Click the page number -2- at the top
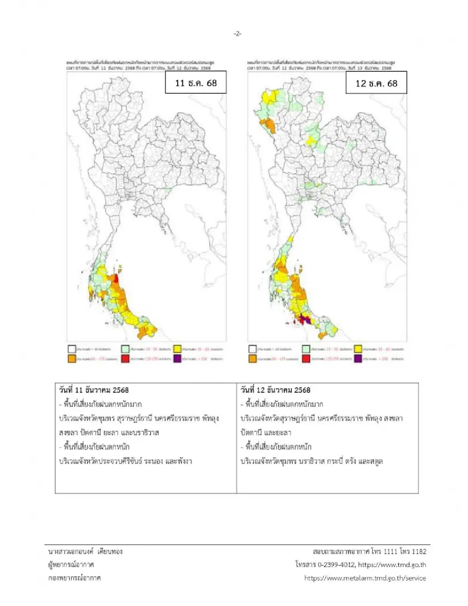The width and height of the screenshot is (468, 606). pos(238,34)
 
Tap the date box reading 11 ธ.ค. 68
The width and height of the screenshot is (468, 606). pos(196,83)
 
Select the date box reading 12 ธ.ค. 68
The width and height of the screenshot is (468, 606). pos(376,83)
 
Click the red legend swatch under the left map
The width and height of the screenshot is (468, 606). pos(125,359)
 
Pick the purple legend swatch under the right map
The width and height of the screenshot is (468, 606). pos(358,359)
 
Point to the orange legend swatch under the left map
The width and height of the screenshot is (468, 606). pos(72,359)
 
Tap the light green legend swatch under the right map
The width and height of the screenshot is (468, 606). pos(306,349)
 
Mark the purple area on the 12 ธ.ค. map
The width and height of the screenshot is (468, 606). pos(306,321)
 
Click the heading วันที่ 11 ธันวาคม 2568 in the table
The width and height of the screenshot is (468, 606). pos(94,390)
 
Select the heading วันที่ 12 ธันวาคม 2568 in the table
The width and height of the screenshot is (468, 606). pos(275,390)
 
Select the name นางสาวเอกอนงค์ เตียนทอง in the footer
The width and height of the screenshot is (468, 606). pos(85,551)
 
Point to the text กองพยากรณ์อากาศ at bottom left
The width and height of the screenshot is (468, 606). pos(74,578)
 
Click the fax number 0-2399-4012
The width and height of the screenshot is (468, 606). pos(335,565)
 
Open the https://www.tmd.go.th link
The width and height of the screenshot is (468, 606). pos(392,565)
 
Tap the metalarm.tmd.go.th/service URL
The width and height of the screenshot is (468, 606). pos(365,578)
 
